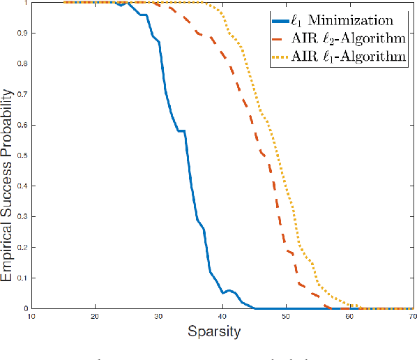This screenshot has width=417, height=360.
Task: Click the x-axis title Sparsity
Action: click(214, 331)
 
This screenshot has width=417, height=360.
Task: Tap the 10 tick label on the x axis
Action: click(31, 316)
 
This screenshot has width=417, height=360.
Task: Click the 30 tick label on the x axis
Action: click(159, 316)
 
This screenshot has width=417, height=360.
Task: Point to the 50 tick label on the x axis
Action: click(287, 316)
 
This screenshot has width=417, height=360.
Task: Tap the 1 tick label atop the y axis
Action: click(26, 3)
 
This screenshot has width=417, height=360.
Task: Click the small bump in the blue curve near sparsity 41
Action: click(229, 290)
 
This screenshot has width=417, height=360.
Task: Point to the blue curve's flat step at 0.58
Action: click(181, 130)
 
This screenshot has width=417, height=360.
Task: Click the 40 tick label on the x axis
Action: click(222, 316)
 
